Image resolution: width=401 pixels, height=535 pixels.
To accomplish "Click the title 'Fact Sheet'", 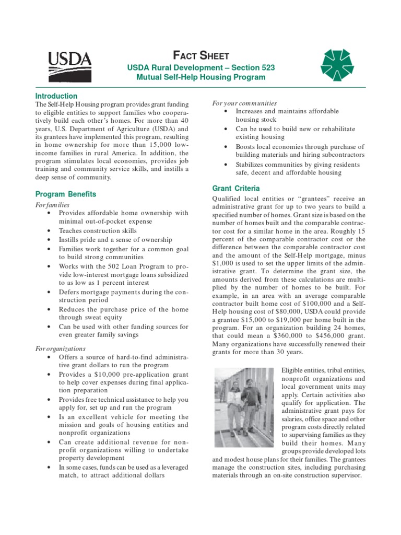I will tap(200, 56).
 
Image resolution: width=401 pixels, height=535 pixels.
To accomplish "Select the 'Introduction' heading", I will tap(56, 96).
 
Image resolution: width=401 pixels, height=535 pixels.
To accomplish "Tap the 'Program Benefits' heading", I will tap(66, 194).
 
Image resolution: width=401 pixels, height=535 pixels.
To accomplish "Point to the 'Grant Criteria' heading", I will tap(235, 188).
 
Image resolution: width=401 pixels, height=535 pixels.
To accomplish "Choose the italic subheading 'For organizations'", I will tap(60, 348).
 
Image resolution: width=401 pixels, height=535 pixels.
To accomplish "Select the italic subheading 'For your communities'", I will tap(244, 103).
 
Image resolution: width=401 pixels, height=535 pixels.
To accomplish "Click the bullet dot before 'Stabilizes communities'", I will tap(225, 165).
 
